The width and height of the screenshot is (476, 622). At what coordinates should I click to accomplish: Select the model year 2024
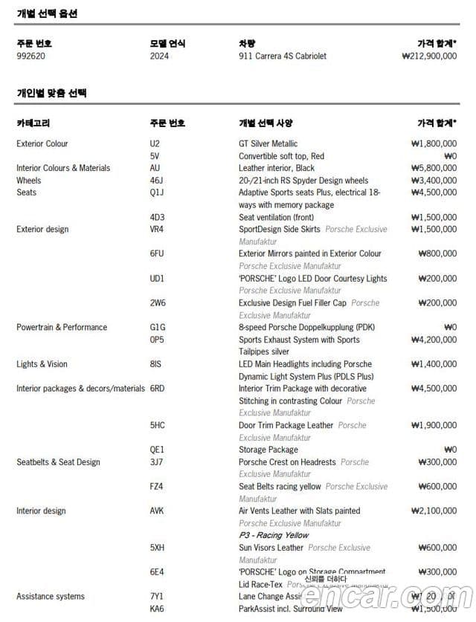(x=159, y=56)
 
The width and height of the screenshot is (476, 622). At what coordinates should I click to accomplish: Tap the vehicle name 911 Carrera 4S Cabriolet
(x=283, y=56)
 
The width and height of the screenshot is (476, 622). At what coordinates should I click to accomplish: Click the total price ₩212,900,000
(x=428, y=56)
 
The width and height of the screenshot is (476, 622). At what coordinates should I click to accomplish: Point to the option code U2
(x=155, y=143)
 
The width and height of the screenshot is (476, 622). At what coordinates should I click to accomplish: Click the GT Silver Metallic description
(x=268, y=143)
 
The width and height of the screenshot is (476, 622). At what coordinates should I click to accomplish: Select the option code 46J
(x=156, y=181)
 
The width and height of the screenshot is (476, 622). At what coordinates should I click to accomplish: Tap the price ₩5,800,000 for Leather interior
(x=434, y=168)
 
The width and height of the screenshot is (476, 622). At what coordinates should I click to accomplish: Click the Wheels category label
(x=29, y=181)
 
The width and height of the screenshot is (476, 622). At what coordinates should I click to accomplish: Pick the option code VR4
(x=157, y=229)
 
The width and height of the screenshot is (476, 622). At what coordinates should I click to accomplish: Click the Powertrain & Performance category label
(x=62, y=327)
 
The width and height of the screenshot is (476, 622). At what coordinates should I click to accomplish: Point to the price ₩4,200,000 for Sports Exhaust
(x=434, y=340)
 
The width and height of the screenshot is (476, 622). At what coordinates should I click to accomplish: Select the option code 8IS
(x=156, y=364)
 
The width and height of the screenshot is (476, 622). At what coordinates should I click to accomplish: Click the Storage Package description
(x=268, y=450)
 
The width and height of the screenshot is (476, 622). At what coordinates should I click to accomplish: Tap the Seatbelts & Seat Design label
(x=58, y=462)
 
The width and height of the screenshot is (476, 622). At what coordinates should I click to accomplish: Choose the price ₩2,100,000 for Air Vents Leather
(x=434, y=511)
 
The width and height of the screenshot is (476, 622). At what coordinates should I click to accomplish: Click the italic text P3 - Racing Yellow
(x=273, y=535)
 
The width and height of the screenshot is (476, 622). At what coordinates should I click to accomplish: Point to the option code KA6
(x=157, y=609)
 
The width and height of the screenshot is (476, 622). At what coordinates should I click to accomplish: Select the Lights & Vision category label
(x=42, y=364)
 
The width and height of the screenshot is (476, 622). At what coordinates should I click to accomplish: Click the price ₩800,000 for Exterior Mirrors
(x=437, y=253)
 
